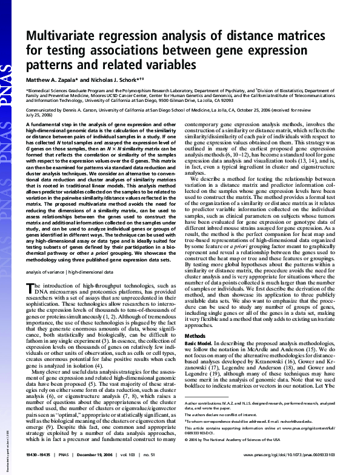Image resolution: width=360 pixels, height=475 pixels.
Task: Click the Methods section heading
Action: pyautogui.click(x=195, y=335)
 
